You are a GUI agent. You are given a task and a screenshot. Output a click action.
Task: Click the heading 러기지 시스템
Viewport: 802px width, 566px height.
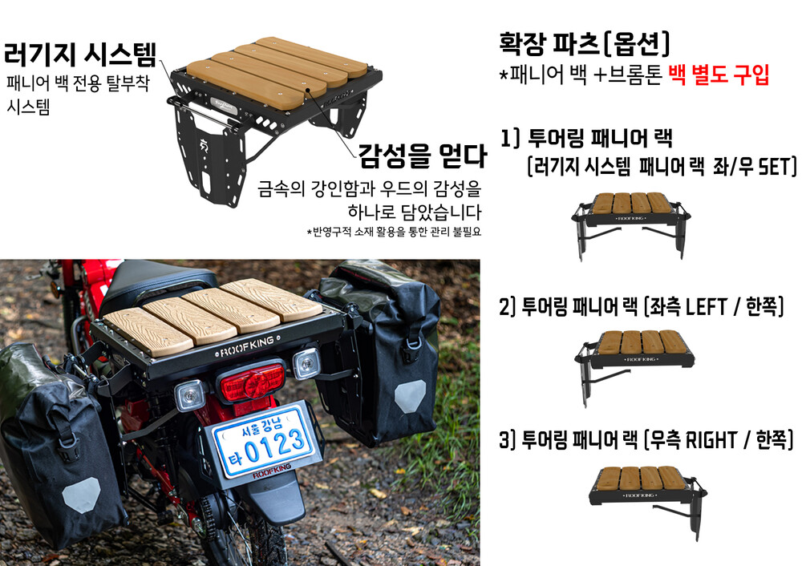tap(79, 55)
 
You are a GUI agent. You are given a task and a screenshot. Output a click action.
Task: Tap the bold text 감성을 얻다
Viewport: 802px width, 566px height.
tap(422, 156)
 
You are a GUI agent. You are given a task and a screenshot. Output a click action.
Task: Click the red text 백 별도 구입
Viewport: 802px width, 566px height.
tap(719, 75)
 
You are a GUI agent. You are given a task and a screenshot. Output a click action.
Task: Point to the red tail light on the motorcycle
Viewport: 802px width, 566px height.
tap(252, 382)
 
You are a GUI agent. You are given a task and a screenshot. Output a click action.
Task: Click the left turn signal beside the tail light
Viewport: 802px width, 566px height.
tap(190, 395)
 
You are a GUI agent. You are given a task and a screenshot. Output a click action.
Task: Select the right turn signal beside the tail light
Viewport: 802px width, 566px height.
tap(306, 364)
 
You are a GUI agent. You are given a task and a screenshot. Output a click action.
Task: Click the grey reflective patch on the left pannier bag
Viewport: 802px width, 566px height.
tap(81, 495)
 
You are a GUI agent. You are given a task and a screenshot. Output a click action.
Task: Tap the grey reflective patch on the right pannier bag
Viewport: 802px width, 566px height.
tap(410, 396)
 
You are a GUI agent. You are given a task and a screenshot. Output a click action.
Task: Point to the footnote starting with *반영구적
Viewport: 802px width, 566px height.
tap(394, 232)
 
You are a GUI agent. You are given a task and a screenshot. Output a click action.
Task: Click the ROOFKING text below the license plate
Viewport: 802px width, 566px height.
tap(272, 471)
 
